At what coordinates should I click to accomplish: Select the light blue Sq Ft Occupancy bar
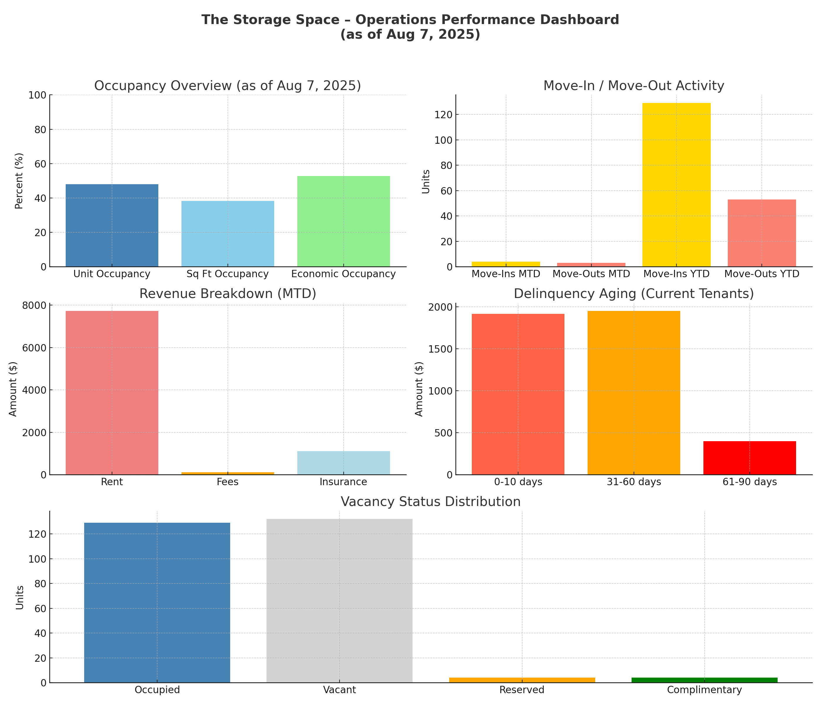click(228, 233)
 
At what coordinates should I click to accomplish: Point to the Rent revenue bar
click(112, 392)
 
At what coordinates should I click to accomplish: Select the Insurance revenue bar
click(344, 463)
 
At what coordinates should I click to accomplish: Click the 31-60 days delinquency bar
click(634, 392)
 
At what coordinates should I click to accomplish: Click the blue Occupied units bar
click(157, 603)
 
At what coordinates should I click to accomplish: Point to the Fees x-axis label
click(228, 482)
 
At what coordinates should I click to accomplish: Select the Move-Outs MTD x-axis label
click(591, 274)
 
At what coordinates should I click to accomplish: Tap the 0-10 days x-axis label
click(518, 482)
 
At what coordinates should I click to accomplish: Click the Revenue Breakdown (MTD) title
click(228, 294)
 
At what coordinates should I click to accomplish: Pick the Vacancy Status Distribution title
click(431, 502)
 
